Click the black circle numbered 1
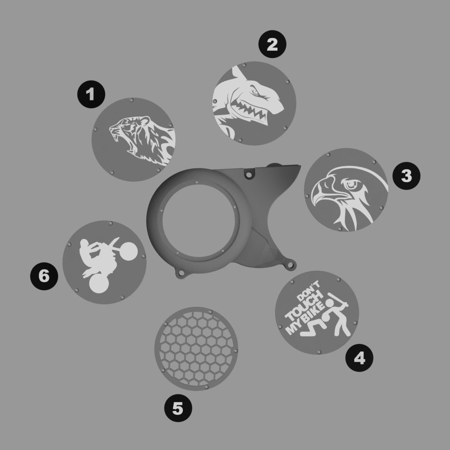point(91,94)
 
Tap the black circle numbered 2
point(272,44)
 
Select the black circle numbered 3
point(406,176)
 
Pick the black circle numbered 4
point(359,358)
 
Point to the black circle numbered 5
point(178,408)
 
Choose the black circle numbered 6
point(44,276)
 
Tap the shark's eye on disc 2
point(255,91)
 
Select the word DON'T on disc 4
point(308,290)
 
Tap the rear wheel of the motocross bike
point(99,284)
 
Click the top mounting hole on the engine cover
point(249,174)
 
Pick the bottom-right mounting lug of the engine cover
point(290,265)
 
